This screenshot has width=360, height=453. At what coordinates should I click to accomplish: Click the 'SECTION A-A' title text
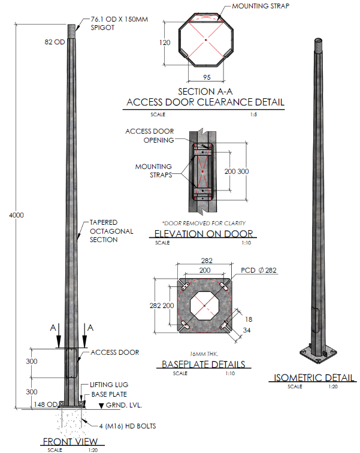205,92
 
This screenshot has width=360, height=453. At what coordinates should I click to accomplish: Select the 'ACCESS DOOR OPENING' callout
150,135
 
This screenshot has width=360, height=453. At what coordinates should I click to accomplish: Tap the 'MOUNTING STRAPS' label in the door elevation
154,171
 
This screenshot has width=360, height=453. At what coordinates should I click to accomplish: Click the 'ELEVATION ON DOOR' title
204,234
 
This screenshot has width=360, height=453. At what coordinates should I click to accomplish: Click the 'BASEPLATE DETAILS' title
204,364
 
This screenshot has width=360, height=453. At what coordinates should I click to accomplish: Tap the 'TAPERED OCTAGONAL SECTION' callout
111,230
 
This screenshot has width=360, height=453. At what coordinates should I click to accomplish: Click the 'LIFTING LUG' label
109,385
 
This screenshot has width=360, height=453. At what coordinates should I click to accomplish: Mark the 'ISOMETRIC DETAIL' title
314,377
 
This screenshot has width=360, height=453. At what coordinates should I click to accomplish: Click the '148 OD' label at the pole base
46,404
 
